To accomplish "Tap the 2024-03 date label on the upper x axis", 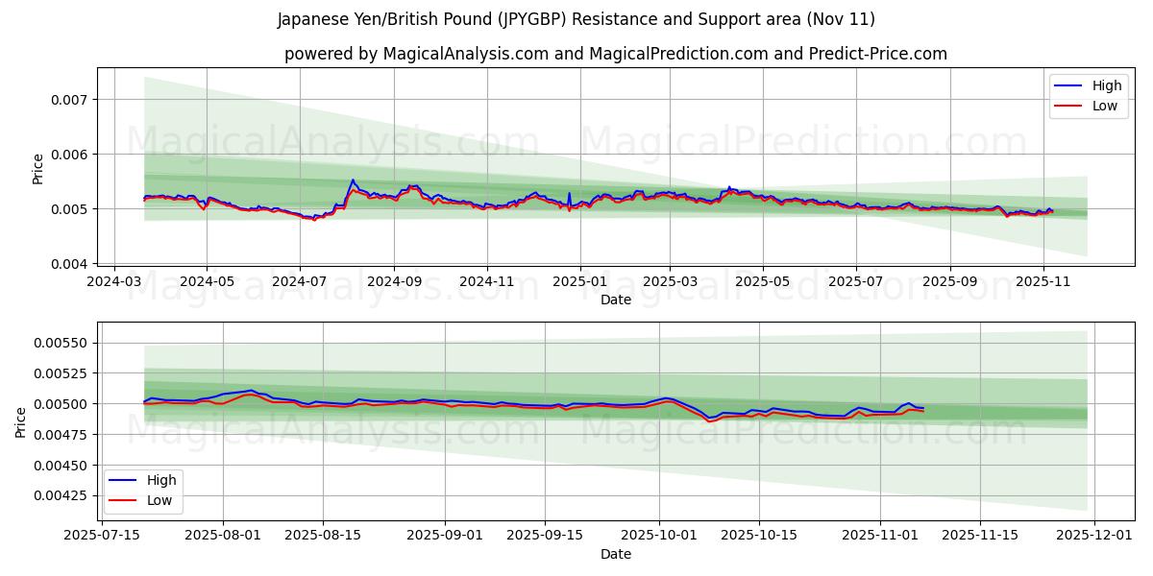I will point(114,281).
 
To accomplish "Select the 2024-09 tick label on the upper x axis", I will point(393,281).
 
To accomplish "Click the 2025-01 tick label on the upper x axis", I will point(579,281).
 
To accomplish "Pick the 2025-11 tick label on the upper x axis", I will point(1043,281).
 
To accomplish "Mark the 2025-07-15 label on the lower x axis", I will point(102,536).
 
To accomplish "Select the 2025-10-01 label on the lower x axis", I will point(660,536).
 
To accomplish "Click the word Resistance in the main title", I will point(627,19).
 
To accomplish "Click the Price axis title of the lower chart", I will point(22,421).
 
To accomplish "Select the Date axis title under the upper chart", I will point(616,300).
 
